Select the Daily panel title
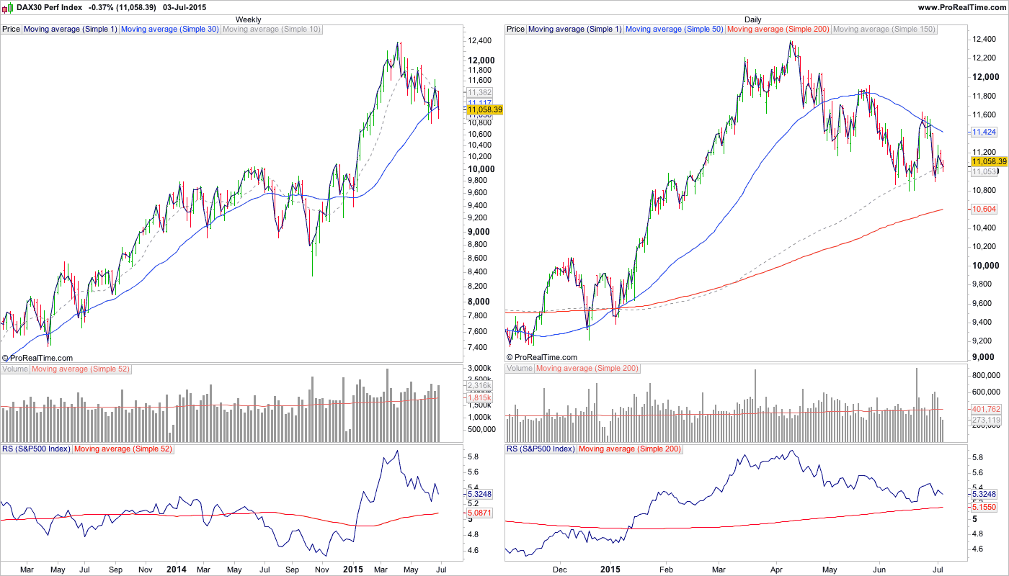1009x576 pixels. point(752,19)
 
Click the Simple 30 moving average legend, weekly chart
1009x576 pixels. point(170,30)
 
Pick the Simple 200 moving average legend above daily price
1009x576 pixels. point(778,30)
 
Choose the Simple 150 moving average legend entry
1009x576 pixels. point(884,30)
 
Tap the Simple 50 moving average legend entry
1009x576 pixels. point(675,30)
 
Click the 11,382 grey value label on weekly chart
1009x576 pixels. point(479,93)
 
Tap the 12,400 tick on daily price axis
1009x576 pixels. point(984,39)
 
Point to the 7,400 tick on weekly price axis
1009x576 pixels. point(480,348)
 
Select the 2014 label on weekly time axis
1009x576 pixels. point(176,570)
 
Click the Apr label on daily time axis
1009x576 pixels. point(777,570)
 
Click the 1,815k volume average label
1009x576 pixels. point(479,397)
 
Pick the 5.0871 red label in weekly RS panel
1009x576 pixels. point(479,513)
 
